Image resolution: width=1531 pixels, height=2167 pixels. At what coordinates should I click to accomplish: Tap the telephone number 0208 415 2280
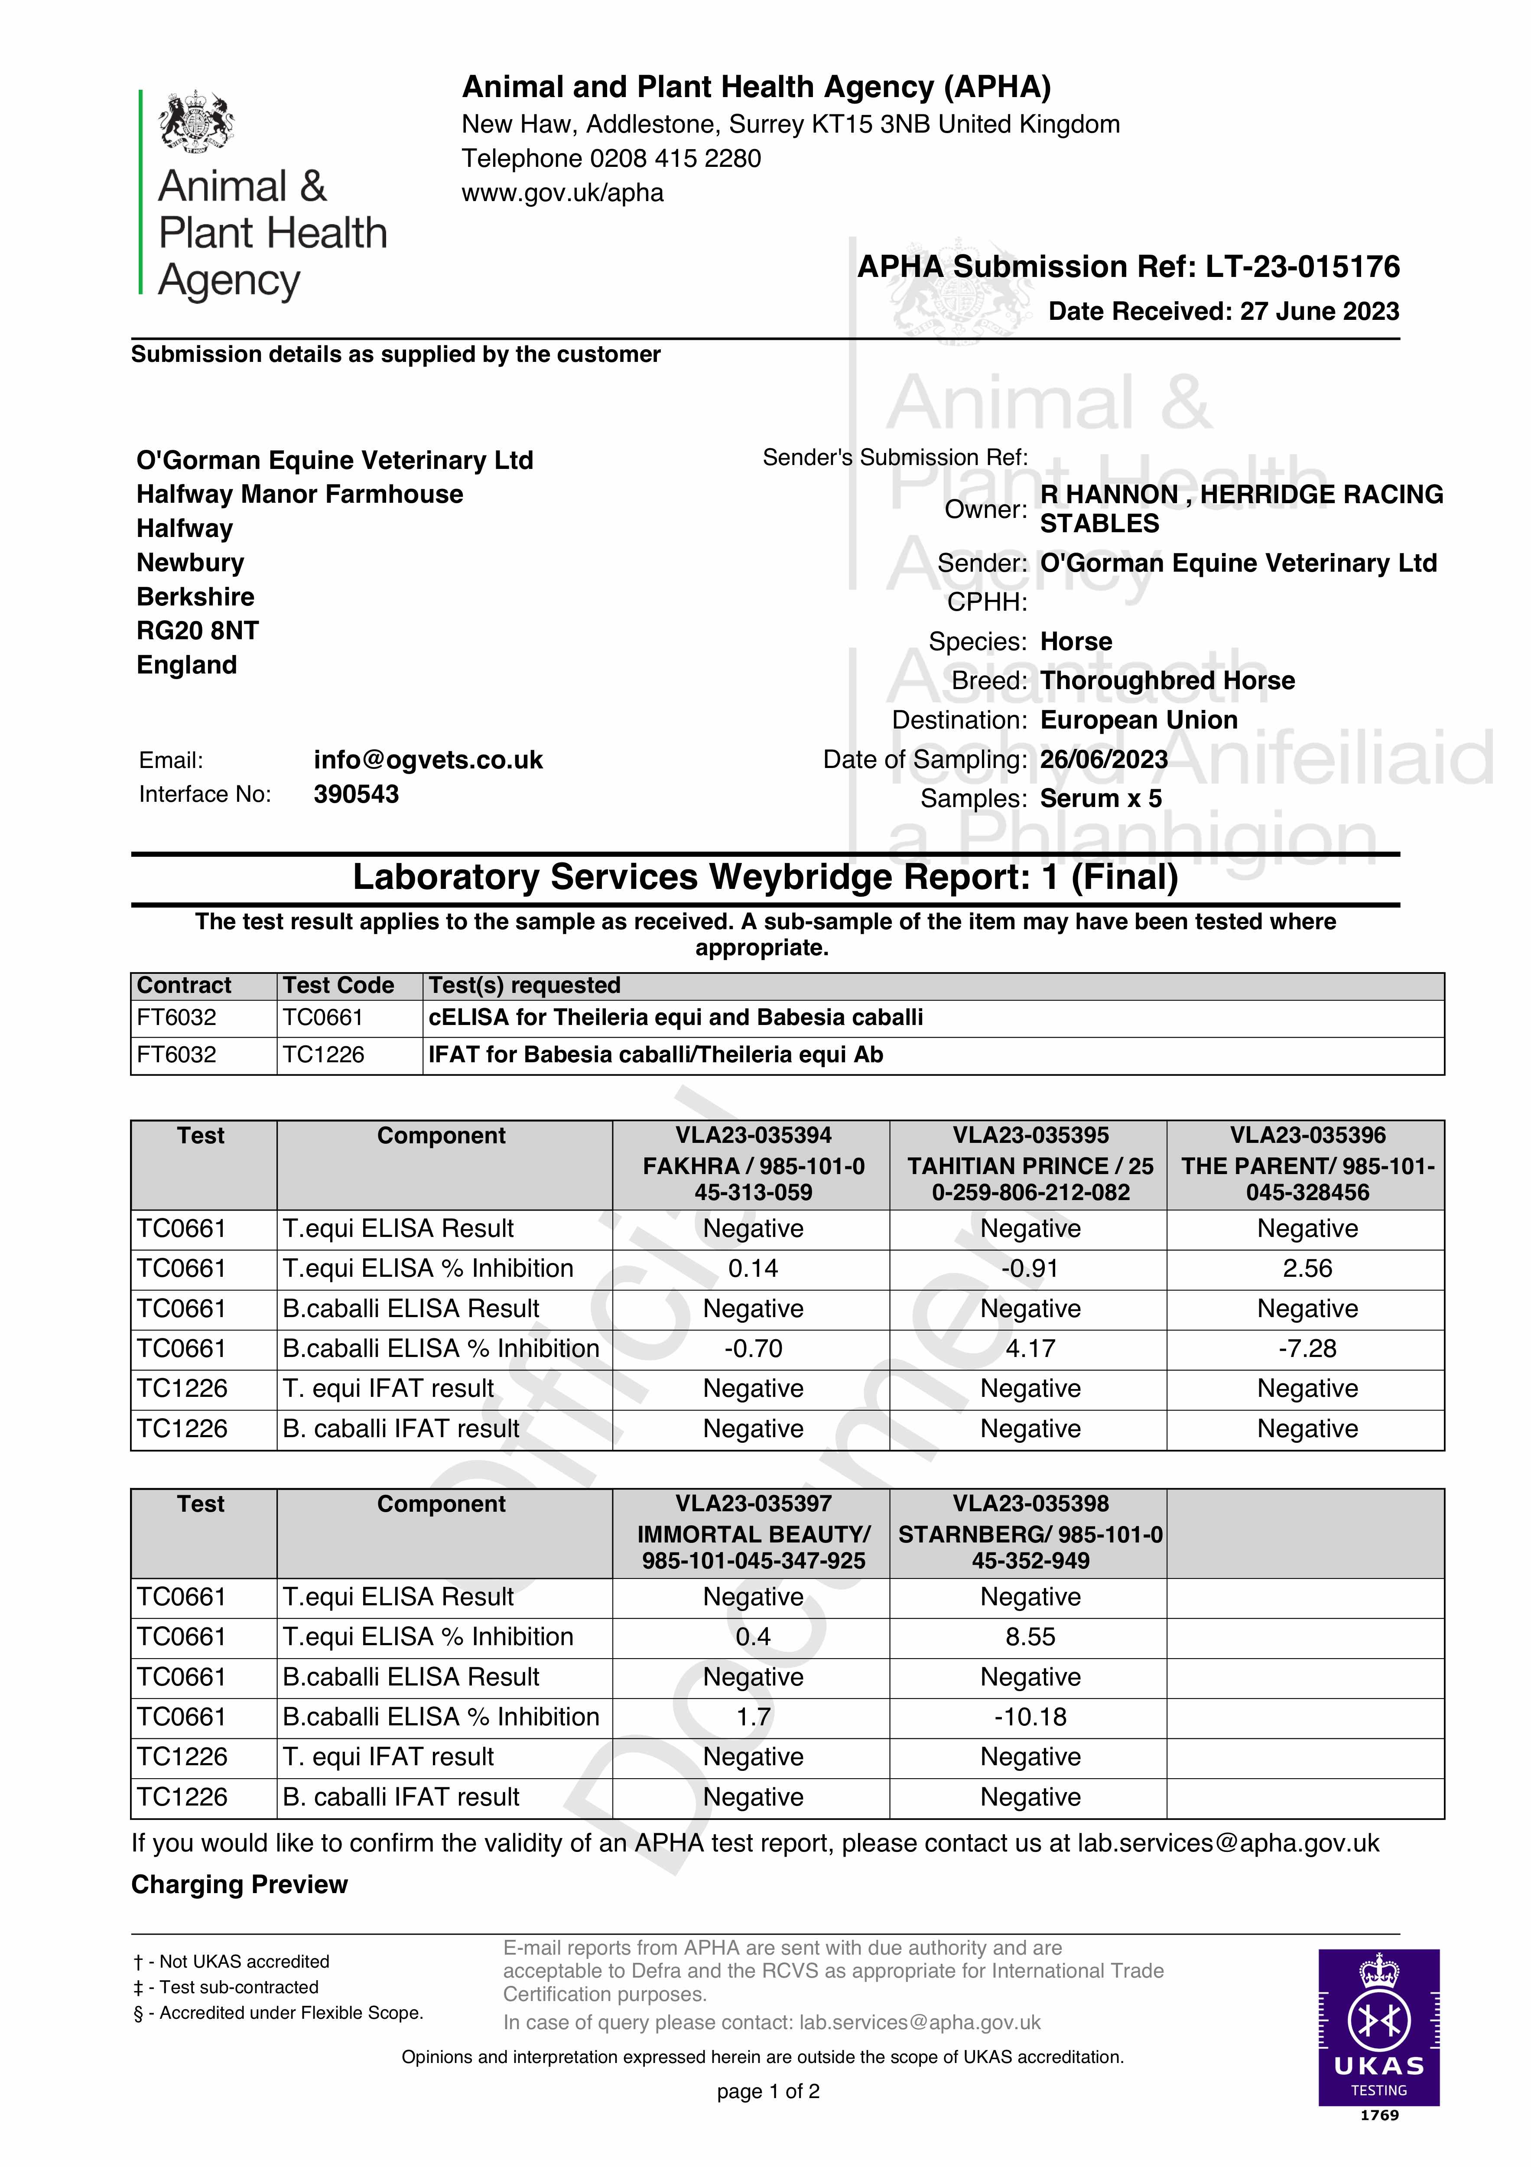[675, 159]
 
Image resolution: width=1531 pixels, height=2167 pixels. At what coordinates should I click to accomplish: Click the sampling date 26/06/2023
[1103, 760]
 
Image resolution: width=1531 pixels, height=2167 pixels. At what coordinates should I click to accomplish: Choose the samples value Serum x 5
[1101, 800]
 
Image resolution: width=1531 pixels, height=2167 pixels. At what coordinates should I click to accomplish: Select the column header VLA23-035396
[1307, 1136]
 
